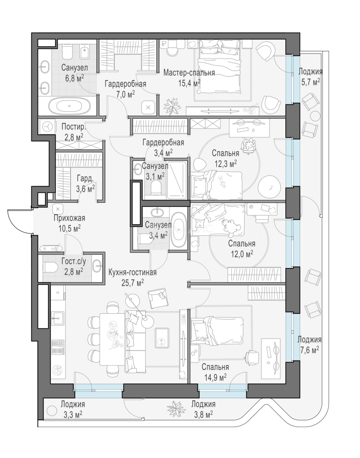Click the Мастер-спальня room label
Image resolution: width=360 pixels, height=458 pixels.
189,73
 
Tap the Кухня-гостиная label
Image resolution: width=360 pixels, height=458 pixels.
132,273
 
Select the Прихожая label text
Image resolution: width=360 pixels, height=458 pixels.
69,218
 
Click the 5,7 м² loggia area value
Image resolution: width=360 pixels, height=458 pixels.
310,82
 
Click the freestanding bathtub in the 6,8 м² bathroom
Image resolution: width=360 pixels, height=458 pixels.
70,106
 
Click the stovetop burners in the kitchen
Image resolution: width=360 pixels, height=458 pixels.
58,347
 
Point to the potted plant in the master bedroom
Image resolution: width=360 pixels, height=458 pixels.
172,106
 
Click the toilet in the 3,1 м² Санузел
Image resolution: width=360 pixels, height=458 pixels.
157,187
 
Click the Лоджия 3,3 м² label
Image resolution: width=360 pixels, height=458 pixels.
72,409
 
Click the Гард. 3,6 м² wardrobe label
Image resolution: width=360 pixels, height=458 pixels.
85,184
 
